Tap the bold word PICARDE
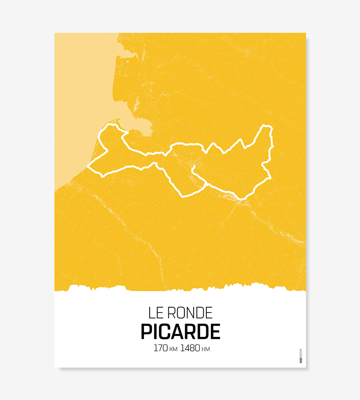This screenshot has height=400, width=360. coord(180,332)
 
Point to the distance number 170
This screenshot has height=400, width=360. coord(160,348)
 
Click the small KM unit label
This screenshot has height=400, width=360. coord(173,349)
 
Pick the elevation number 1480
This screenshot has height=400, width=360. coord(190,348)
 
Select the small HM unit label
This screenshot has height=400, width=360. coord(206,349)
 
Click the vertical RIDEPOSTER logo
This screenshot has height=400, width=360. coord(301,356)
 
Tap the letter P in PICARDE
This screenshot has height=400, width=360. coord(146,332)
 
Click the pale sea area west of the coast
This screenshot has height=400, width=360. coord(80,100)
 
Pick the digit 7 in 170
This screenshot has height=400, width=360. coord(160,348)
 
